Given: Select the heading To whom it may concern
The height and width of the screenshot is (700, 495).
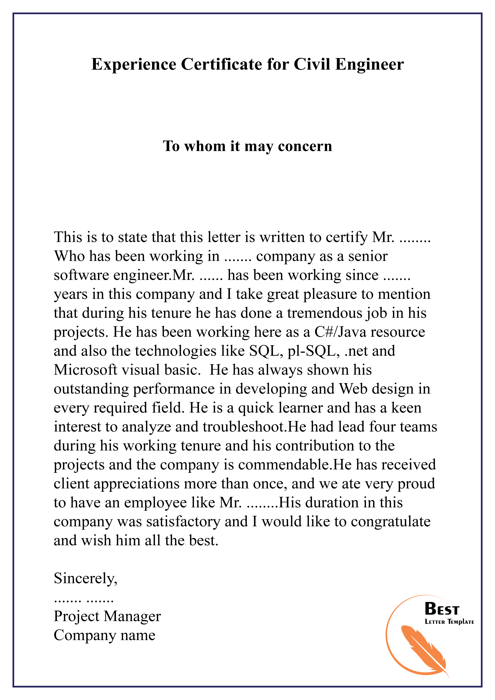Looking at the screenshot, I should coord(247,146).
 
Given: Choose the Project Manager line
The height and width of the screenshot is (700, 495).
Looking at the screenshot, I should coord(107,616).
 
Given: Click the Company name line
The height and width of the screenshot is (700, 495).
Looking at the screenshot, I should coord(105,635).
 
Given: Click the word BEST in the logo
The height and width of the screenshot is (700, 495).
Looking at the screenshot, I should coord(442,609).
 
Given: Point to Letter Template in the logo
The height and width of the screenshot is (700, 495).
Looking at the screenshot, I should coord(449,622).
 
